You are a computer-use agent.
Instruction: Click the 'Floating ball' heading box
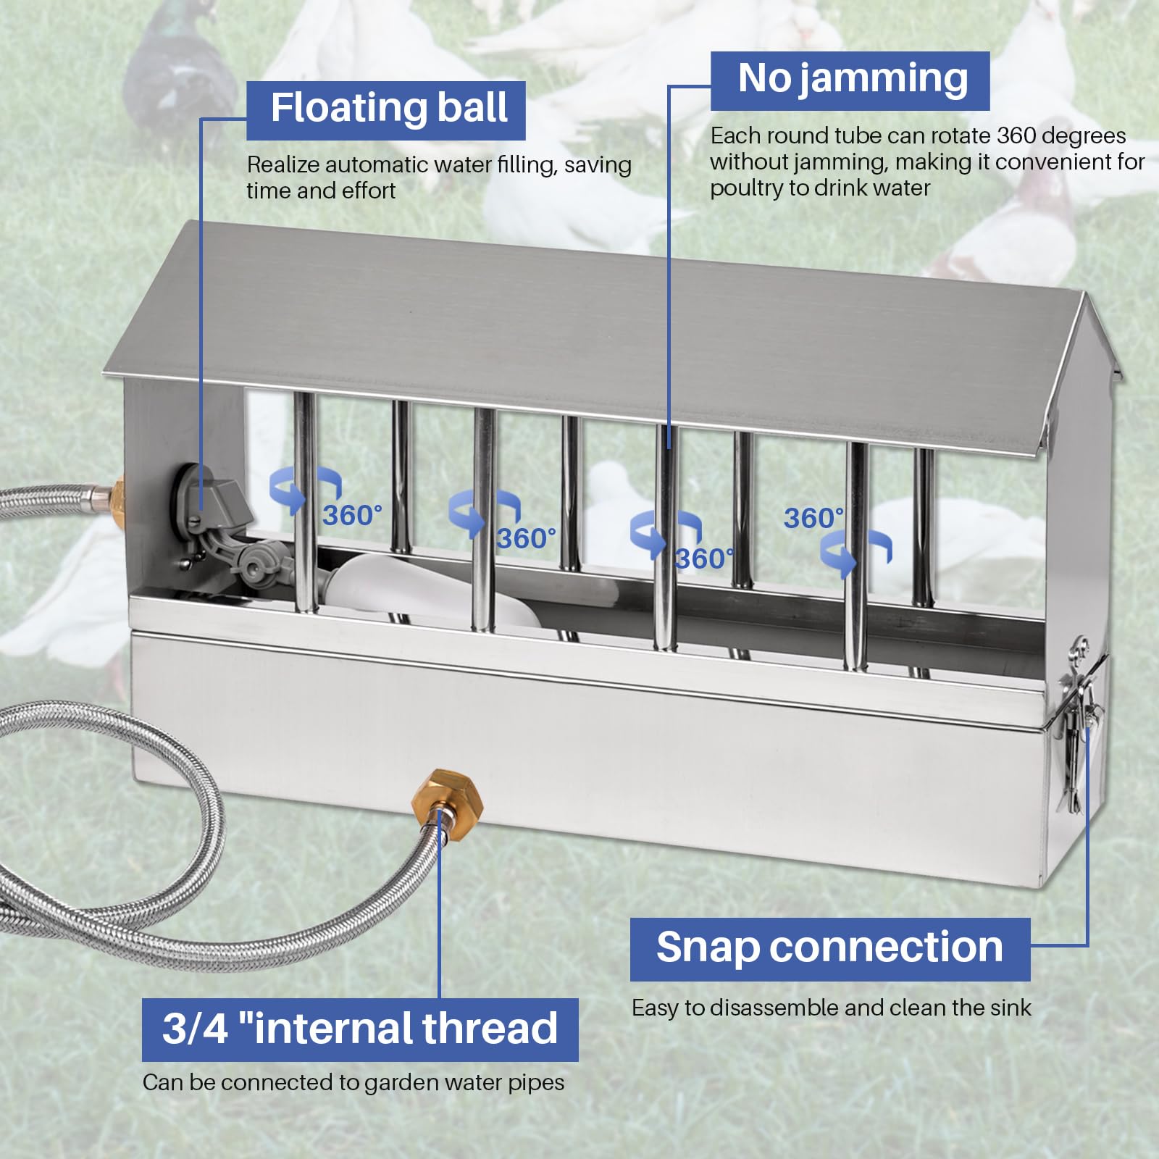pos(385,110)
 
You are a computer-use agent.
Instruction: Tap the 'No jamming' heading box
pos(850,80)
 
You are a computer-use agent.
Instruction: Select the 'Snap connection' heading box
pos(829,949)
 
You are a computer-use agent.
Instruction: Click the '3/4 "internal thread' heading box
pos(360,1029)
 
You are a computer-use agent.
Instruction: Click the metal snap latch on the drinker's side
pos(1079,717)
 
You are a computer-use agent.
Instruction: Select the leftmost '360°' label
pos(352,516)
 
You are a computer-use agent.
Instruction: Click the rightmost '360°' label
pos(813,519)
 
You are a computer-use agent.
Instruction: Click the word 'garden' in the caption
pos(402,1082)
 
